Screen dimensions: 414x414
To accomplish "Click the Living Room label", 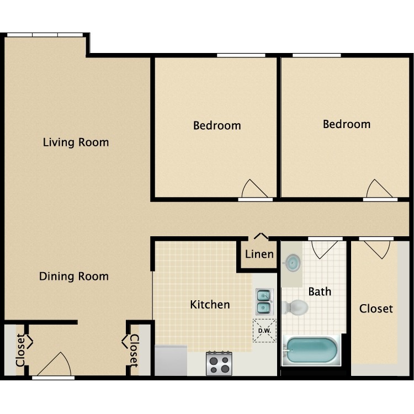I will coord(76,142).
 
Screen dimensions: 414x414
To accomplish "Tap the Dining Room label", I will coord(73,276).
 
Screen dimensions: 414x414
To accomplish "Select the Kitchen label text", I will coord(210,304).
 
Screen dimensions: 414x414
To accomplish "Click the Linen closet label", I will coord(259,254).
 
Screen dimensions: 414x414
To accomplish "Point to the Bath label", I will coord(320,291).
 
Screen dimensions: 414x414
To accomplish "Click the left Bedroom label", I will coord(217,125).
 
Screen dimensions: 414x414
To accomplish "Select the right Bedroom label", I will coord(347,124).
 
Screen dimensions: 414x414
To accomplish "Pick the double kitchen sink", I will coord(263,301).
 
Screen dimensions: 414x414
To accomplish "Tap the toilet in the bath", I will coord(295,307).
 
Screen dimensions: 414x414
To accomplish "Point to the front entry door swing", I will coord(55,366).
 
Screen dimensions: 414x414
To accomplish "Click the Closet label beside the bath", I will coord(376,309).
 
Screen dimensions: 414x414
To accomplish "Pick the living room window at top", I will coord(45,35).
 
